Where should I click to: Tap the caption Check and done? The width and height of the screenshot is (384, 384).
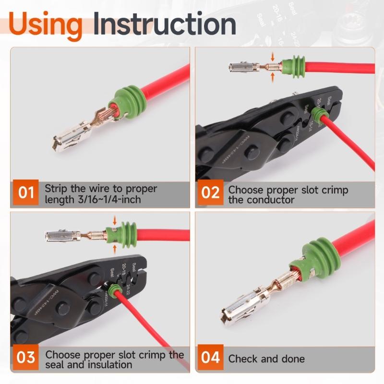(x=266, y=359)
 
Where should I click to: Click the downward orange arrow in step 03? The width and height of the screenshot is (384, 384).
(x=115, y=221)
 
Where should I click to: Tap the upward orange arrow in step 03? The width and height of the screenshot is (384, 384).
(x=115, y=248)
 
